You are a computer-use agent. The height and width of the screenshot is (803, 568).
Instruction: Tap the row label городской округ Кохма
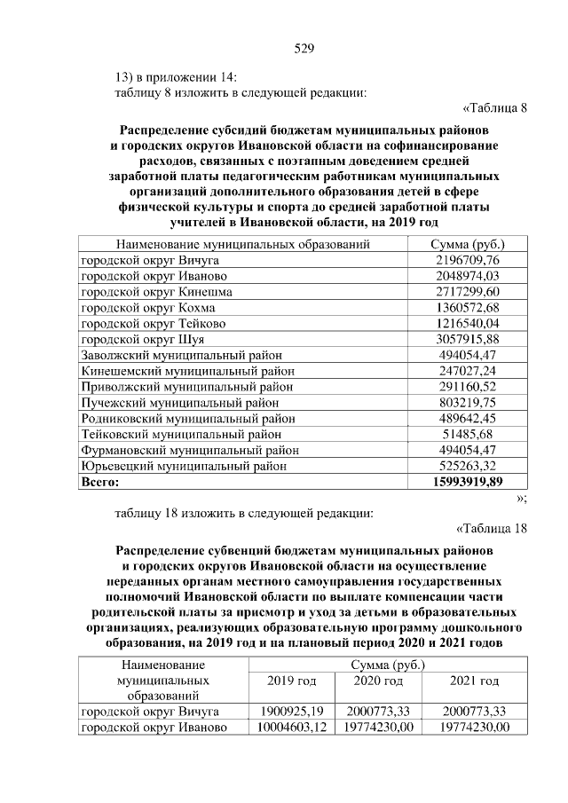146,307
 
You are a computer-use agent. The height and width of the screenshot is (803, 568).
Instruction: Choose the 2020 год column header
378,681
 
